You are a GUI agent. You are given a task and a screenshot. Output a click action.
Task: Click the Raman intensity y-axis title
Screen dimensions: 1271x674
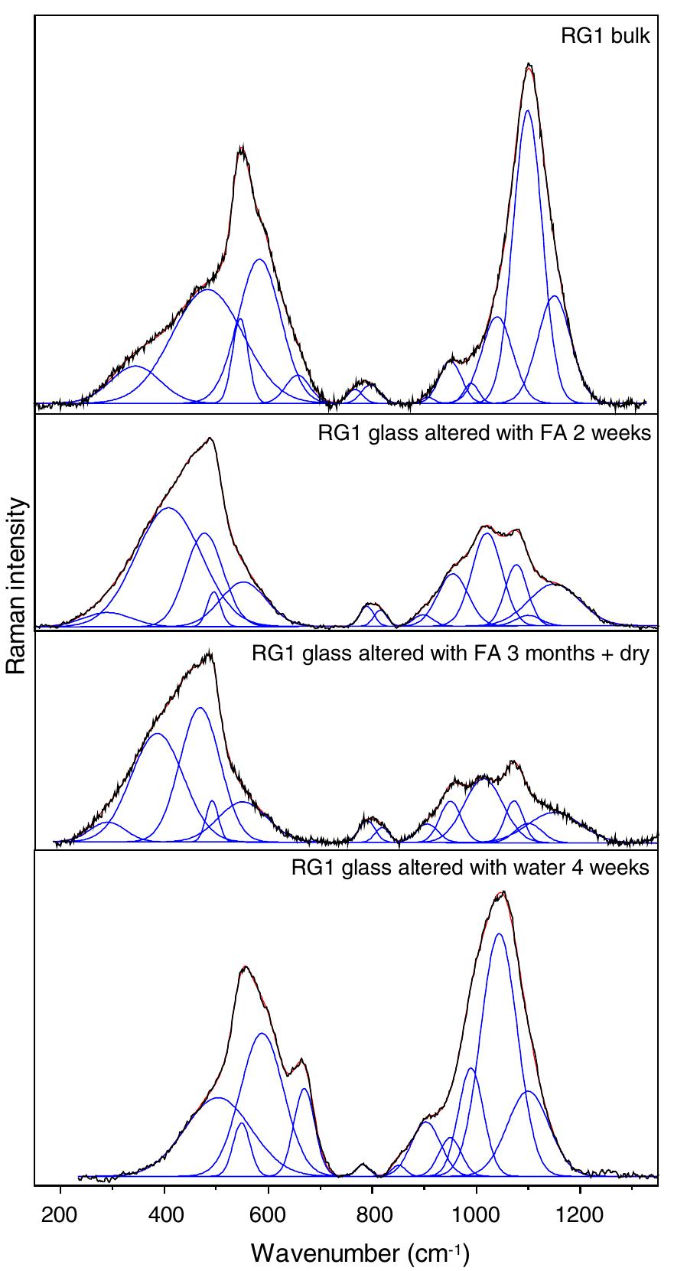[x=16, y=587]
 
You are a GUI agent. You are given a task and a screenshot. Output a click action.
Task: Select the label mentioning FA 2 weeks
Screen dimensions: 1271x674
[x=484, y=434]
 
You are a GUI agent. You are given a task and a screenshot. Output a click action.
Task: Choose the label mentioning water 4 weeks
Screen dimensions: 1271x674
[x=470, y=868]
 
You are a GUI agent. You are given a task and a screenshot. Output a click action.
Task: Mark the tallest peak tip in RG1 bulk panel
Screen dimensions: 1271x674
[x=529, y=64]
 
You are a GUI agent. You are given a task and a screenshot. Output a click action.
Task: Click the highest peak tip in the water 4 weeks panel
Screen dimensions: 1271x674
[x=503, y=892]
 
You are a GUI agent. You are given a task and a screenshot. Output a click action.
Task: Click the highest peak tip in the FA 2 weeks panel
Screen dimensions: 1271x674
[x=210, y=438]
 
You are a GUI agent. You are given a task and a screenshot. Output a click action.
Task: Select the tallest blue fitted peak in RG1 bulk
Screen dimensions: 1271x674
[x=527, y=111]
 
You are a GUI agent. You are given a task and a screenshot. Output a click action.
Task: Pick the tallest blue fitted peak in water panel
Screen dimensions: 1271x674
[x=499, y=934]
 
